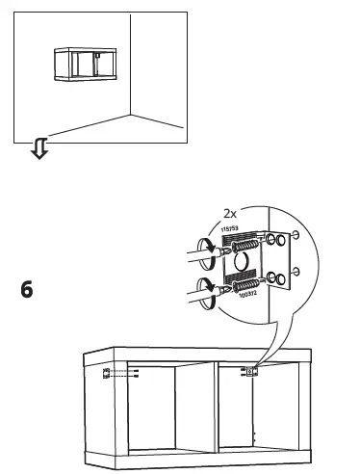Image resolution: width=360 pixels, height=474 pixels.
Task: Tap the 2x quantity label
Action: tap(231, 212)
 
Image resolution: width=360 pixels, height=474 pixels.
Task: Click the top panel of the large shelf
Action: tap(197, 354)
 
